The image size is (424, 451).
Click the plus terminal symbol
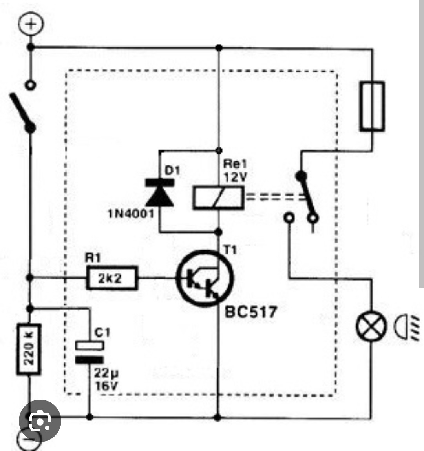31,24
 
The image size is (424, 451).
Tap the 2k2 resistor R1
112,278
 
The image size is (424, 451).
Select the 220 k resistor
29,349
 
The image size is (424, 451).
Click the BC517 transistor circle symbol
205,279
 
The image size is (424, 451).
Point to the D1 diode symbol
160,193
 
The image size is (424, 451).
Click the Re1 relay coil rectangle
219,197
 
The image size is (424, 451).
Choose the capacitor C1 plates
90,352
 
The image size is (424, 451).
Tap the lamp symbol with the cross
371,326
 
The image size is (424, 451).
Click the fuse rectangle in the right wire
372,107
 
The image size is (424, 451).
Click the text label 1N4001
131,214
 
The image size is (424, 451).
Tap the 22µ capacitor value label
106,373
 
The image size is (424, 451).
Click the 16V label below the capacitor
106,386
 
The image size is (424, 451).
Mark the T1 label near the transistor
230,250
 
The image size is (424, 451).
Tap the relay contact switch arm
307,195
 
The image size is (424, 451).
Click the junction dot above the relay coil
219,150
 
